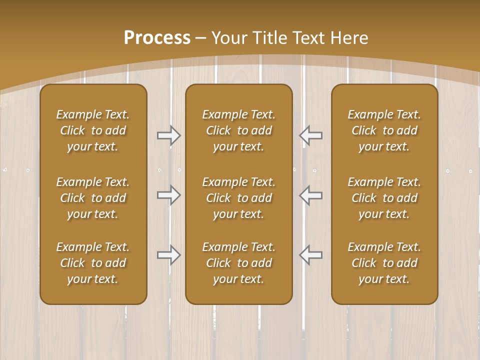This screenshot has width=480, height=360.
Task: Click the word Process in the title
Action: [x=157, y=38]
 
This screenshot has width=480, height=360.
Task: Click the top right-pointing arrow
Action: [x=168, y=135]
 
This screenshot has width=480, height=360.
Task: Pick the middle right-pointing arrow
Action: [x=168, y=195]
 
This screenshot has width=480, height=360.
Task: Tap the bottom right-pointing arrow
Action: [x=168, y=255]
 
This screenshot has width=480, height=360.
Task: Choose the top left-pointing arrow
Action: [x=311, y=135]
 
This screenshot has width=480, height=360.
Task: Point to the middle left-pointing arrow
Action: [x=311, y=195]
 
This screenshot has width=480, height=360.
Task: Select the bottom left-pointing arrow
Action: [x=311, y=255]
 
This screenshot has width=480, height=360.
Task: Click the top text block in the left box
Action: [x=93, y=130]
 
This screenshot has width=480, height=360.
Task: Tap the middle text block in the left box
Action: [x=93, y=198]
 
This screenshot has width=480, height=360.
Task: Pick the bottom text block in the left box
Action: [x=93, y=263]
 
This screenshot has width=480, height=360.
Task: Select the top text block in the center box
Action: [x=238, y=130]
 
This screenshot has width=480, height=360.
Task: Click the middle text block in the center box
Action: [x=238, y=198]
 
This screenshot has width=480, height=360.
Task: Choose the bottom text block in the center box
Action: [x=238, y=263]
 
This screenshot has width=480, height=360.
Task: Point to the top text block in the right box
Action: [x=384, y=130]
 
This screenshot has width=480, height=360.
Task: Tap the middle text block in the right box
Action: [x=384, y=198]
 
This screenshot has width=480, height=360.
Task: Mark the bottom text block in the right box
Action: [x=384, y=263]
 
